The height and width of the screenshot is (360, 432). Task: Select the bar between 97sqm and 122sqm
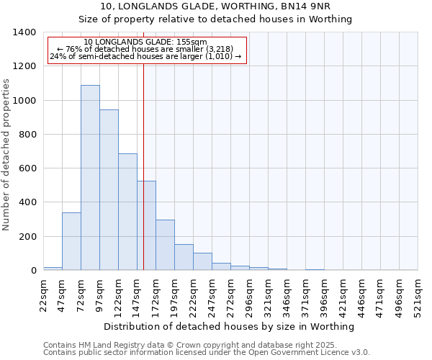pyautogui.click(x=109, y=190)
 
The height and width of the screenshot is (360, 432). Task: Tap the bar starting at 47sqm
pyautogui.click(x=71, y=241)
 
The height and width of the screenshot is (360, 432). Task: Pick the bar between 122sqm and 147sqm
pyautogui.click(x=127, y=212)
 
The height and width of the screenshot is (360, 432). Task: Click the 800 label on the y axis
pyautogui.click(x=27, y=135)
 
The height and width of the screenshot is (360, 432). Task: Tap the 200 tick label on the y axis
pyautogui.click(x=27, y=237)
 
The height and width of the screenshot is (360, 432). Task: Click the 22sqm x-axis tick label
pyautogui.click(x=44, y=295)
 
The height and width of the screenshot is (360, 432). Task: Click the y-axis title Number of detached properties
pyautogui.click(x=6, y=151)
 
